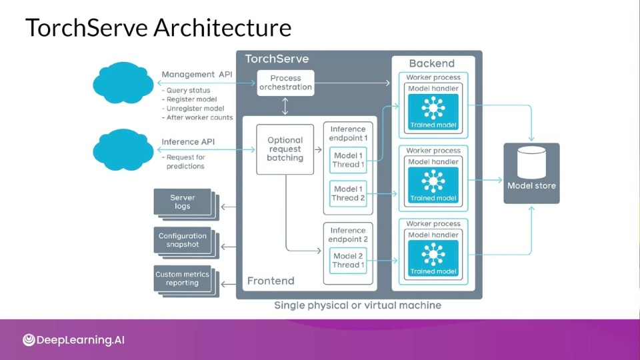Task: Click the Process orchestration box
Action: point(285,83)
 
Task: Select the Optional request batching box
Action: point(285,149)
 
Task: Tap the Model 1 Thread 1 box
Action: point(348,160)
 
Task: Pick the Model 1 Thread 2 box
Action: point(348,193)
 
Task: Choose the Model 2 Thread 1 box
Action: point(348,261)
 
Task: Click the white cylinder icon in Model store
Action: point(531,163)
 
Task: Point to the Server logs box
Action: point(183,201)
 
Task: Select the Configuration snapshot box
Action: point(183,240)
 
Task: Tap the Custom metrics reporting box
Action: point(183,279)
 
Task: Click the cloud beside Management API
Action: point(123,83)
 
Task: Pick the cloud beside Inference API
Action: point(123,149)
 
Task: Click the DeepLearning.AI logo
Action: point(73,340)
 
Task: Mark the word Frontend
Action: point(271,281)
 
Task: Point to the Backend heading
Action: point(432,63)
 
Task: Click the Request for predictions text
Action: point(185,161)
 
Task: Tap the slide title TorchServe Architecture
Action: point(159,28)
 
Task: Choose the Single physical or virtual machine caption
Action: point(357,305)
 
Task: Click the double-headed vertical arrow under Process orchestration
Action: point(285,106)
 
